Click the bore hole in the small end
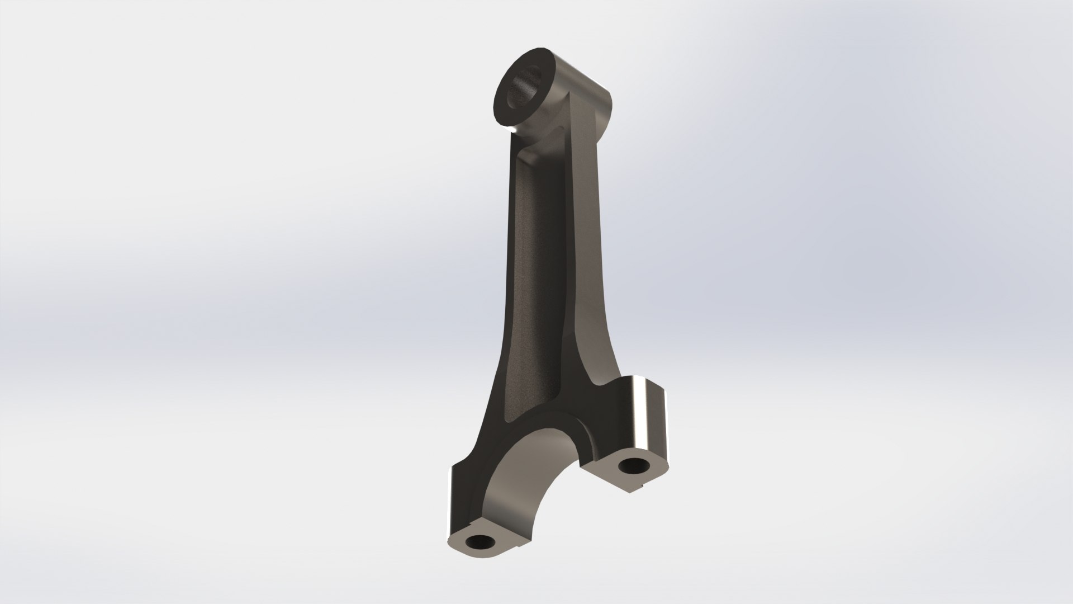pyautogui.click(x=525, y=89)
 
